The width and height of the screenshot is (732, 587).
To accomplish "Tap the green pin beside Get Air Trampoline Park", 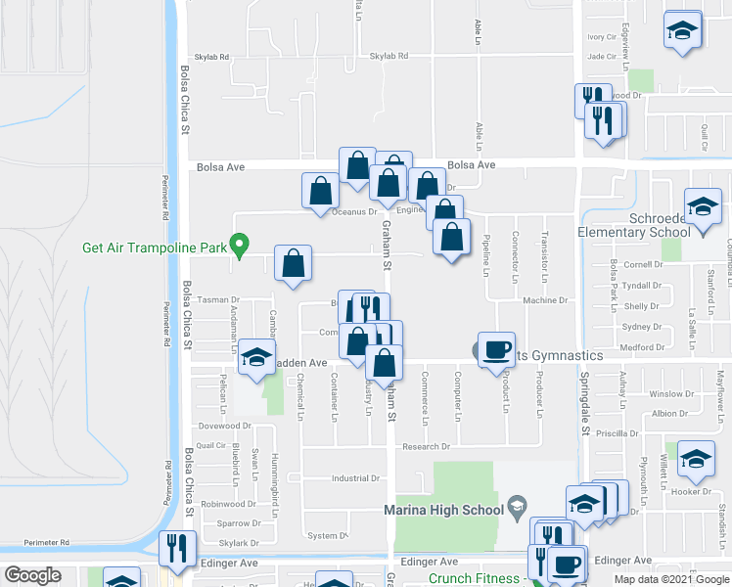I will pos(237,243).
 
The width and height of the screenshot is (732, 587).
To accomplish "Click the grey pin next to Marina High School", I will pos(518,508).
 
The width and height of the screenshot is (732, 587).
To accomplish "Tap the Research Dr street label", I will pos(425,446).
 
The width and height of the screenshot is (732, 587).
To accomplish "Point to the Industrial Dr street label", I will pos(354,478).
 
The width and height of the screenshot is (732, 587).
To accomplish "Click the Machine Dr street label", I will pos(545,300).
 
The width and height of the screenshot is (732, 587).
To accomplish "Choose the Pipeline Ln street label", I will pos(486,258).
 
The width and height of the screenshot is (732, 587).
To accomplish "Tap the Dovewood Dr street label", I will pos(224,426).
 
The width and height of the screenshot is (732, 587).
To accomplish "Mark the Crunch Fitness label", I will pos(473,578).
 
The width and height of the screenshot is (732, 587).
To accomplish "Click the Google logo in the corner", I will pos(33,575).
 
